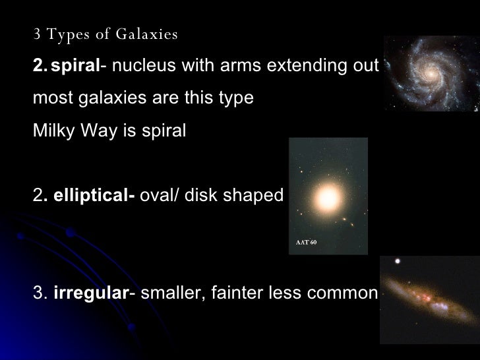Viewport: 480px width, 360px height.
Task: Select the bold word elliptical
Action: click(92, 195)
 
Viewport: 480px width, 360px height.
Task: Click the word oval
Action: click(157, 195)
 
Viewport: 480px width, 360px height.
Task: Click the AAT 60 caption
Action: click(307, 243)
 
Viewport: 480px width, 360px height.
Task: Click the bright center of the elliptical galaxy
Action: click(328, 197)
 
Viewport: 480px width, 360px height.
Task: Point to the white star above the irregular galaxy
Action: click(397, 262)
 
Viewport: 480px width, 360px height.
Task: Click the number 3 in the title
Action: click(37, 34)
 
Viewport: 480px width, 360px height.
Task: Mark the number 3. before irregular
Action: click(39, 293)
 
